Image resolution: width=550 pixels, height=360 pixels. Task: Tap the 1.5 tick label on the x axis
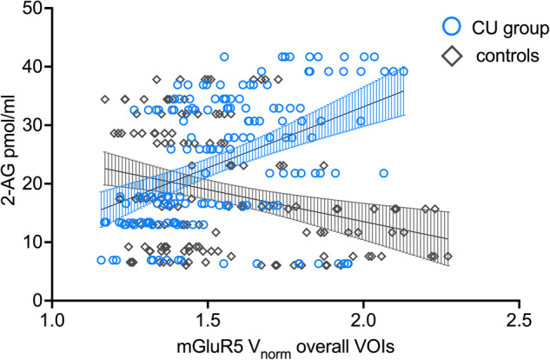tap(207, 318)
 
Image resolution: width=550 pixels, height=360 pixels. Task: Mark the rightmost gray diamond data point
tap(448, 257)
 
